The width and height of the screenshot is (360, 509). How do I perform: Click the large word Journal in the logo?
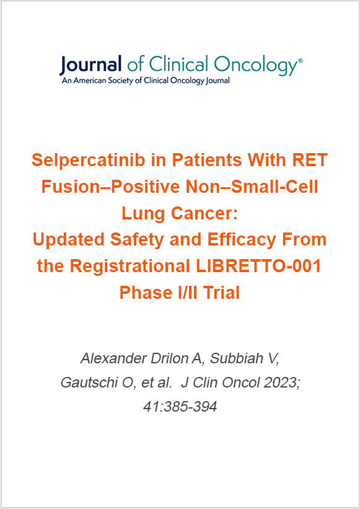[90, 65]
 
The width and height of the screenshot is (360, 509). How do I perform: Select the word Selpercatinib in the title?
[88, 161]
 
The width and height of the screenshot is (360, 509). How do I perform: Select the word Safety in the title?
[128, 239]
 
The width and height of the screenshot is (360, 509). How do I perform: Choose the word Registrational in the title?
[130, 266]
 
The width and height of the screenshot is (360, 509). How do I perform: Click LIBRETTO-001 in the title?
[260, 266]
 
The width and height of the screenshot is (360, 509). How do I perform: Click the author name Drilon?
[173, 359]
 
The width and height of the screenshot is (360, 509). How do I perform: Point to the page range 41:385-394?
[180, 407]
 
